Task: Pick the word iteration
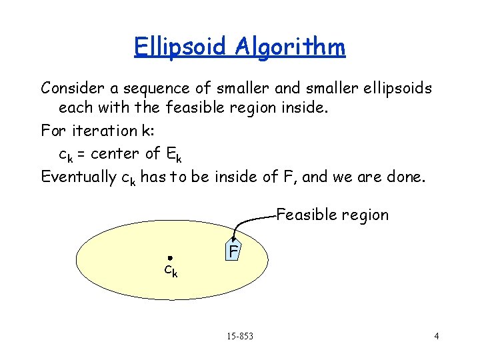(110, 131)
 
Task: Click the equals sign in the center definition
(81, 155)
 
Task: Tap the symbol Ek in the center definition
(173, 155)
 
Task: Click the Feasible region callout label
(332, 215)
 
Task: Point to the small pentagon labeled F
(232, 251)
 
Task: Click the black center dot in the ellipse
(170, 257)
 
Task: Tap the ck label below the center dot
(171, 271)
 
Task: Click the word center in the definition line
(115, 154)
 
